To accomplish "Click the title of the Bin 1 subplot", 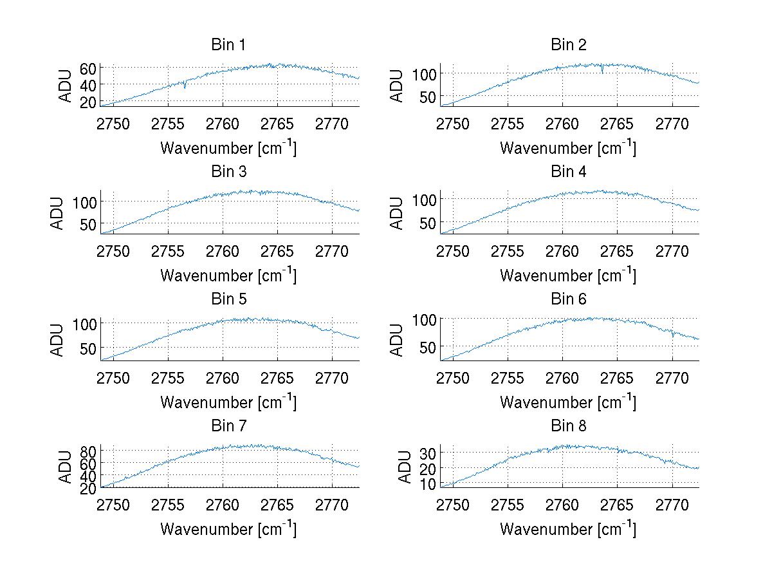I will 228,45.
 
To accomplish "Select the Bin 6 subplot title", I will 568,299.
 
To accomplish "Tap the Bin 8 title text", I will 568,426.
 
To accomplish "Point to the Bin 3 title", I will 228,172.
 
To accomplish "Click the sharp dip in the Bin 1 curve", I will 185,86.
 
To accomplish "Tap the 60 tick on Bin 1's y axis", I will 88,69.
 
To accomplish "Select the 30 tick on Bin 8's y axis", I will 428,453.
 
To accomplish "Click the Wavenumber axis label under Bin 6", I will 568,402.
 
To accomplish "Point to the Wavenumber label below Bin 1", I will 228,148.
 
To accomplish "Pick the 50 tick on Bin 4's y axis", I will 428,223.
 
